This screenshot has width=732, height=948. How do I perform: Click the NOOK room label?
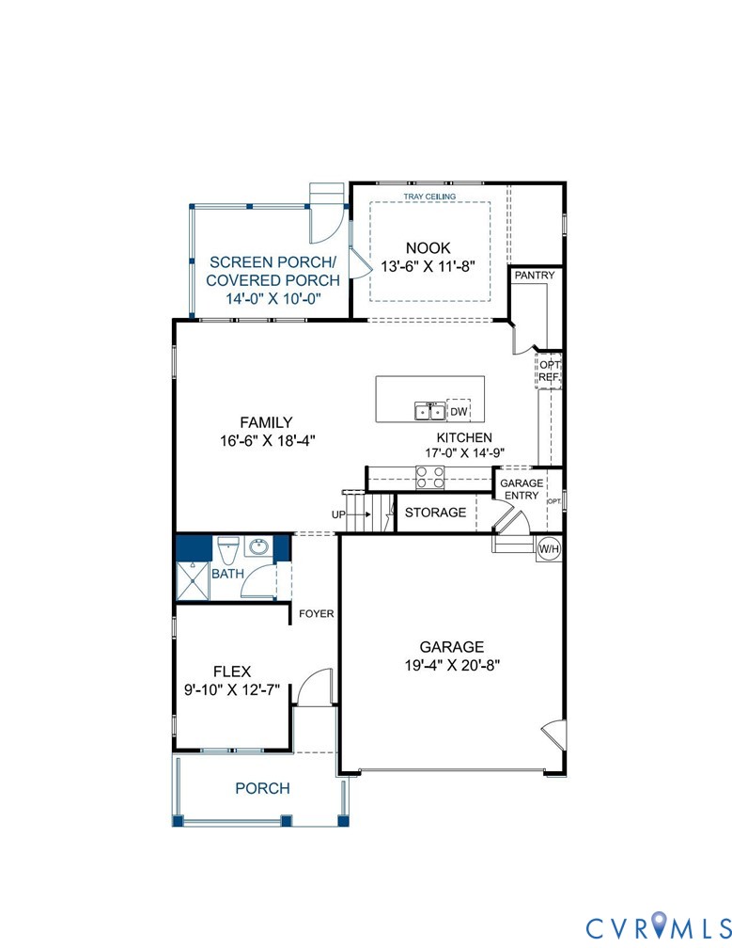[429, 247]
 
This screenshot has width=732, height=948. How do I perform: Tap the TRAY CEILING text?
[429, 197]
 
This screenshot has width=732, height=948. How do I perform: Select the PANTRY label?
[535, 276]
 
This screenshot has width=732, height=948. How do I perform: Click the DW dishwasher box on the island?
[459, 412]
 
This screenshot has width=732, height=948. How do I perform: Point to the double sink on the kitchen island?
[429, 412]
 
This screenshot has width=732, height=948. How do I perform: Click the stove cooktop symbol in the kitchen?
[429, 479]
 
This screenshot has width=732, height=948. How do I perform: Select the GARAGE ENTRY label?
[522, 489]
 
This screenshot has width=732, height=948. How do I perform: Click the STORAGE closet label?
[435, 513]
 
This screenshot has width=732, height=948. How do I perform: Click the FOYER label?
[317, 614]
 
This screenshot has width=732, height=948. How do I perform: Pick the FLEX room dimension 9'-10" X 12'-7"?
[231, 689]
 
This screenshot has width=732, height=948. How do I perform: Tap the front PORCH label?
[262, 788]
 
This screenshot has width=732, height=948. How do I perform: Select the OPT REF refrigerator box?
[549, 371]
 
